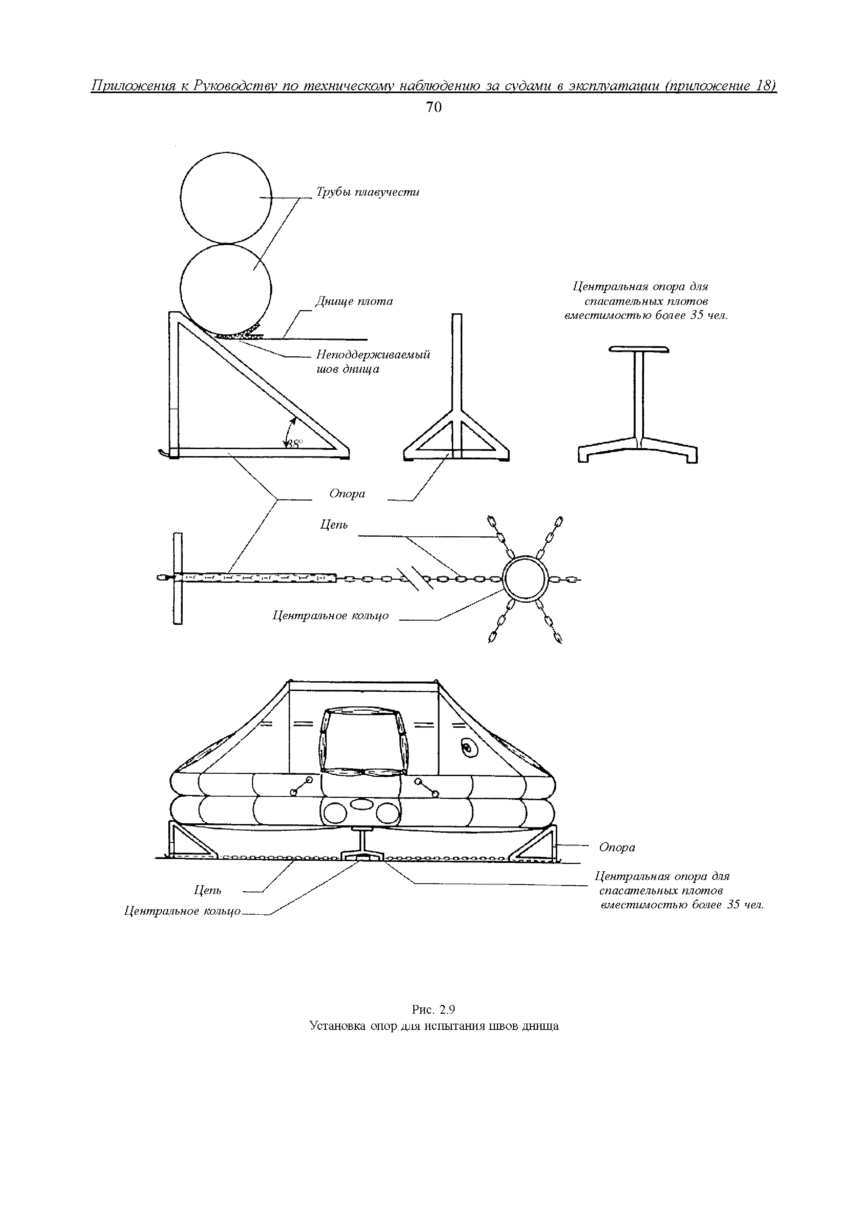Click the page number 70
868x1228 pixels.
434,107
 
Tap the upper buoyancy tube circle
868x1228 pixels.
226,197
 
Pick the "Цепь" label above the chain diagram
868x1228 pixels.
334,525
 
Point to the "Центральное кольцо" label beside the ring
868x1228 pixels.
330,616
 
